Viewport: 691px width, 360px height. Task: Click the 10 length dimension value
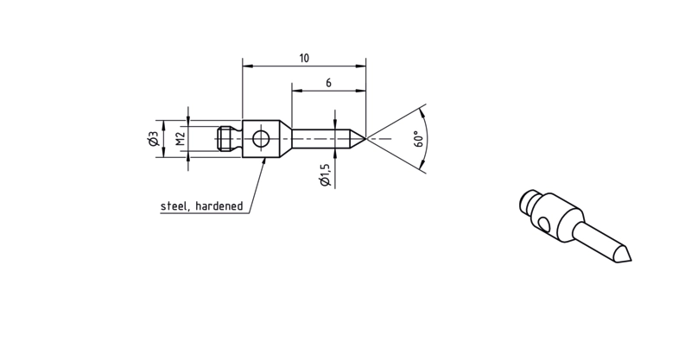point(304,58)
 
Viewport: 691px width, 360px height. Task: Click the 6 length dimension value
point(328,83)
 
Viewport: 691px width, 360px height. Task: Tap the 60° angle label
point(419,139)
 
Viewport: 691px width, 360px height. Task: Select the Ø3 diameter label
point(154,138)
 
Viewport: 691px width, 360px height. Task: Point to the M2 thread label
point(181,138)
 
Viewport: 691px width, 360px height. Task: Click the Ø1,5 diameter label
point(326,175)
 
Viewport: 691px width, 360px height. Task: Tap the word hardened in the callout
point(219,205)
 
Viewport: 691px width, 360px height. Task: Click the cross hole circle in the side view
point(261,139)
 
